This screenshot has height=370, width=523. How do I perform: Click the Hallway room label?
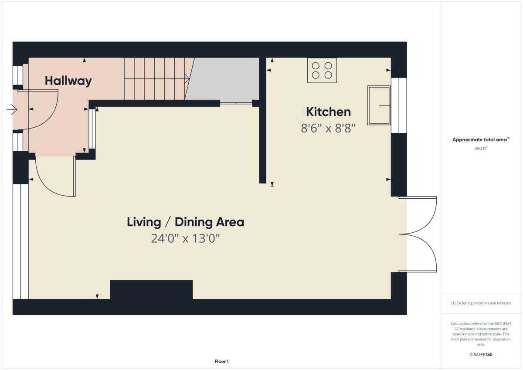pyautogui.click(x=68, y=81)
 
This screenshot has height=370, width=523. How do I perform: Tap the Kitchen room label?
pyautogui.click(x=328, y=112)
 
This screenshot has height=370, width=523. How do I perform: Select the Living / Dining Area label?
pyautogui.click(x=185, y=222)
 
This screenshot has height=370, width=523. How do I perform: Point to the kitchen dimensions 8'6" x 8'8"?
pyautogui.click(x=328, y=128)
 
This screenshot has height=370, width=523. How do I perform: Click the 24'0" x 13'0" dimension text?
pyautogui.click(x=185, y=238)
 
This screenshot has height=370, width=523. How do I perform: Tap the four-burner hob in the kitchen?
pyautogui.click(x=322, y=70)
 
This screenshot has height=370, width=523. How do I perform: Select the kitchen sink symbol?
pyautogui.click(x=379, y=105)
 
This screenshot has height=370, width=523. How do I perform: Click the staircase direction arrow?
pyautogui.click(x=156, y=79)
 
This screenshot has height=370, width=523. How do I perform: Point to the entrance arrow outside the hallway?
pyautogui.click(x=12, y=109)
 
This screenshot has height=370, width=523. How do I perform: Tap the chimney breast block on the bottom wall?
pyautogui.click(x=151, y=289)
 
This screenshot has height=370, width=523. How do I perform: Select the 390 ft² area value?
pyautogui.click(x=481, y=149)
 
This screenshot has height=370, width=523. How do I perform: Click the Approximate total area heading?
pyautogui.click(x=481, y=139)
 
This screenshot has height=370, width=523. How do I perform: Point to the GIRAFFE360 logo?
pyautogui.click(x=481, y=355)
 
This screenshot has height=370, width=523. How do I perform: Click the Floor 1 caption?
pyautogui.click(x=221, y=361)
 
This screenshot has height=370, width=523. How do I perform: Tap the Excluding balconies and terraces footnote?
pyautogui.click(x=481, y=303)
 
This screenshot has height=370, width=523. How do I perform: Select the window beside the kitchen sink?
pyautogui.click(x=399, y=105)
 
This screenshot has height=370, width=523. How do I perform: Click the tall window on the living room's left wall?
pyautogui.click(x=20, y=241)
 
